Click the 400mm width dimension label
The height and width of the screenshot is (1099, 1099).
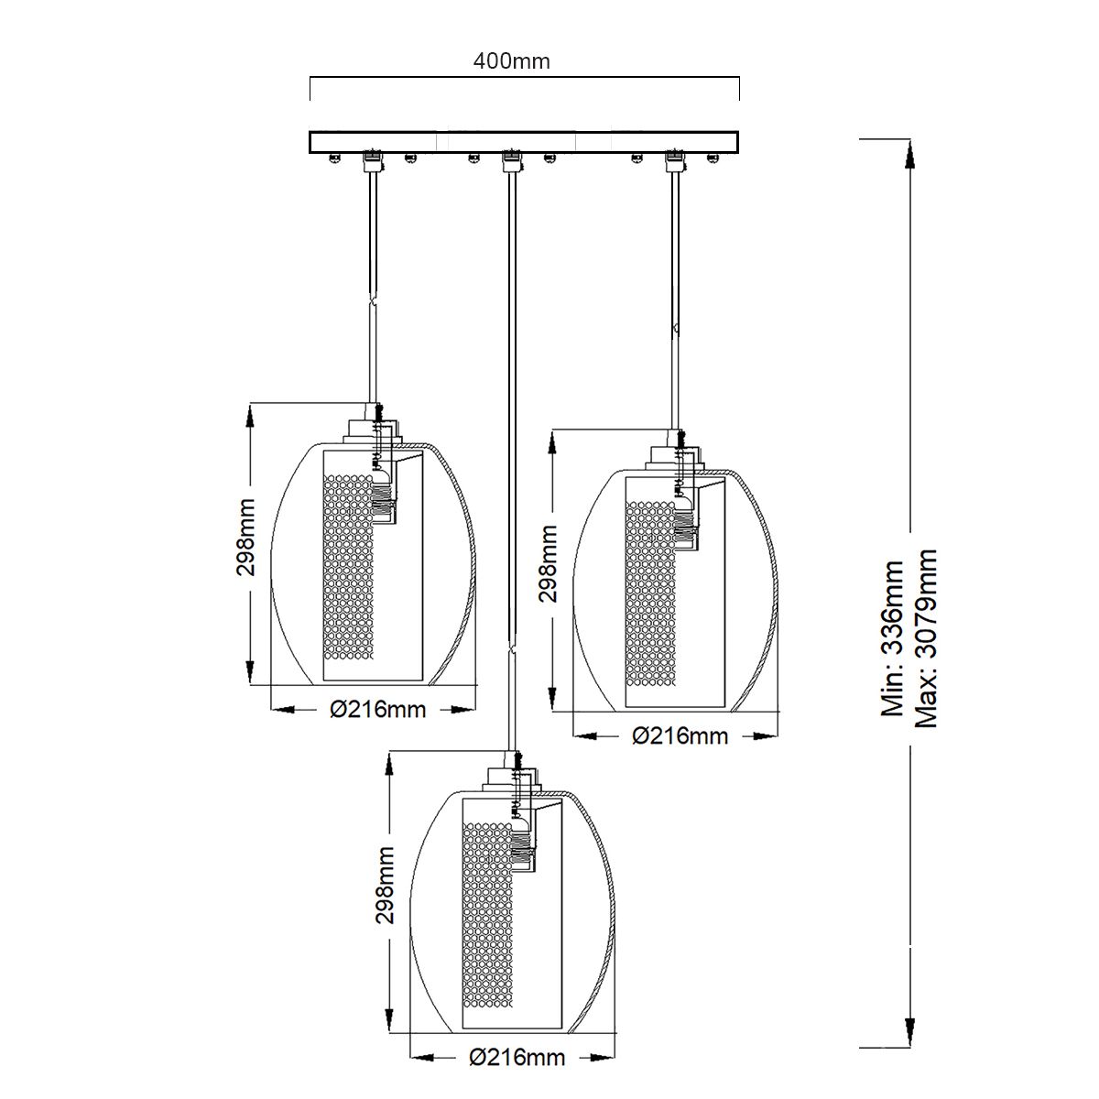[511, 61]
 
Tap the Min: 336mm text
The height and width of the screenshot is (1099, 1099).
[892, 638]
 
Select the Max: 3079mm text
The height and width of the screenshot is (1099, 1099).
[927, 638]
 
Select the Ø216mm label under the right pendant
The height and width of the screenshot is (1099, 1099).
[680, 735]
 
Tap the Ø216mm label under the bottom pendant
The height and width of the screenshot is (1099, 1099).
[517, 1058]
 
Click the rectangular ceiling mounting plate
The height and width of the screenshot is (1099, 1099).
[524, 142]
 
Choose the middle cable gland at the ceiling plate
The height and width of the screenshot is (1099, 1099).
[510, 161]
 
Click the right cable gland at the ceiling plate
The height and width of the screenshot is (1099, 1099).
[675, 161]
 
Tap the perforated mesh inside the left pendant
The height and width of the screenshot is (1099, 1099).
[350, 568]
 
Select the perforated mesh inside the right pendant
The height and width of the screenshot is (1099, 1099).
[649, 595]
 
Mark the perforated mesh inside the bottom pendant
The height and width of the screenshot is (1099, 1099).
[487, 916]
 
